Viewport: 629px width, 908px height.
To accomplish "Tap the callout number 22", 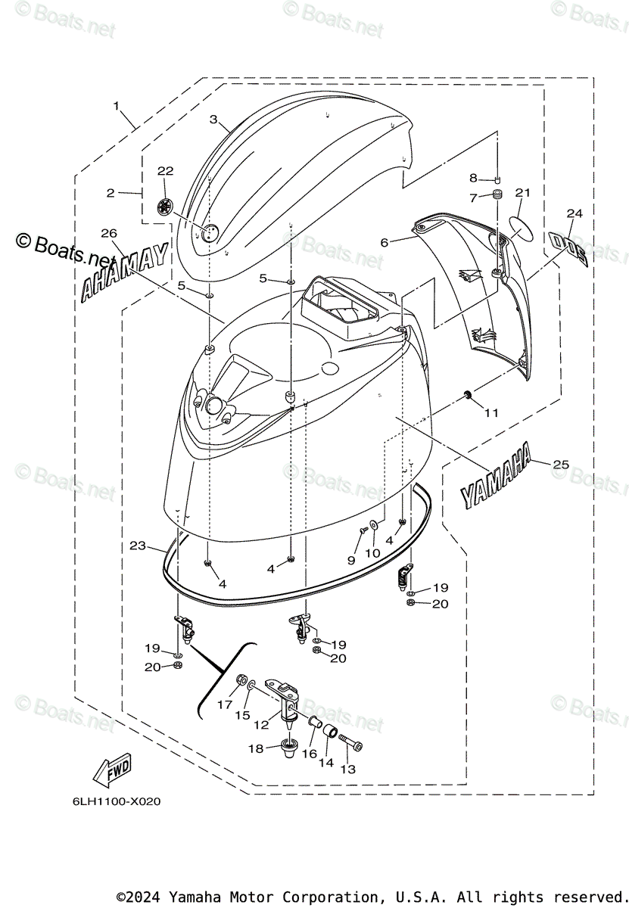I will pyautogui.click(x=165, y=171).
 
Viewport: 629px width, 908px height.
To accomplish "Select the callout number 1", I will pyautogui.click(x=117, y=107).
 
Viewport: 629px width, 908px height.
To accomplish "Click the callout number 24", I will pyautogui.click(x=575, y=214).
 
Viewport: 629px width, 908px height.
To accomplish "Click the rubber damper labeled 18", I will pyautogui.click(x=289, y=748).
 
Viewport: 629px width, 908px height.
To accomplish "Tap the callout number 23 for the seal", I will pyautogui.click(x=137, y=545).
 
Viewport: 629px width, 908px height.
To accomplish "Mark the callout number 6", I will pyautogui.click(x=385, y=242).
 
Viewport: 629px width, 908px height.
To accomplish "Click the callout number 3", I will pyautogui.click(x=213, y=120).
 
